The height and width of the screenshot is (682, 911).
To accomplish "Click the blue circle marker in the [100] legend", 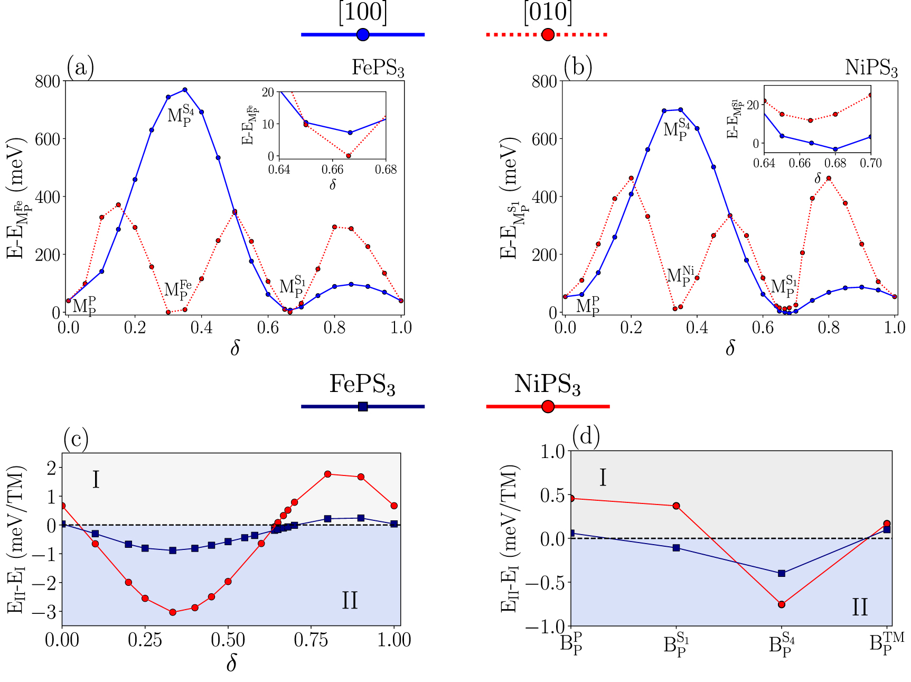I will [363, 35].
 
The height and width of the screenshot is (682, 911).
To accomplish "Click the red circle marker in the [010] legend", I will [548, 35].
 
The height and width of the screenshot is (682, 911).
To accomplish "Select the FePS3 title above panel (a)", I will [378, 68].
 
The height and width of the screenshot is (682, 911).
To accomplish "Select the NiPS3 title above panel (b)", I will [871, 68].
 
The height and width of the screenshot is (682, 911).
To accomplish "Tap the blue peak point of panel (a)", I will [185, 90].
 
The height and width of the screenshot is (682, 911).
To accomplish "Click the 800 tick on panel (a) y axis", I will [48, 81].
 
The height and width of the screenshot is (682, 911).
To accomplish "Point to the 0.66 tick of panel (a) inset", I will [333, 170].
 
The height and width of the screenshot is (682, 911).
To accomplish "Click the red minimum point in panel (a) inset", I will [349, 156].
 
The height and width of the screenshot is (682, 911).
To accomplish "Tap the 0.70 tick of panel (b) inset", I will [871, 163].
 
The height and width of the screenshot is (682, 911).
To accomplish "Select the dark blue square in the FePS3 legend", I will [363, 406].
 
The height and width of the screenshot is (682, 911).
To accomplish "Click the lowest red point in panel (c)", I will [173, 612].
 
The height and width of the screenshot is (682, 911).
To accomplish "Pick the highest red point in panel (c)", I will [327, 474].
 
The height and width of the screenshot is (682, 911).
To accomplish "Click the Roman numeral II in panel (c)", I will [350, 601].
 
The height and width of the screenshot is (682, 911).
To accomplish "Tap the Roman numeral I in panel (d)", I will [603, 478].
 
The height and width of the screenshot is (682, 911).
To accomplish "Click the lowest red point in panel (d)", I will [782, 604].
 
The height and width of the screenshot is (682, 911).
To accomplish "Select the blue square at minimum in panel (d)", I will [782, 573].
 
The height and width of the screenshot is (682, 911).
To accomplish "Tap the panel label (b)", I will [577, 68].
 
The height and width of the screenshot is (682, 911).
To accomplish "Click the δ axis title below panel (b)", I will [730, 348].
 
